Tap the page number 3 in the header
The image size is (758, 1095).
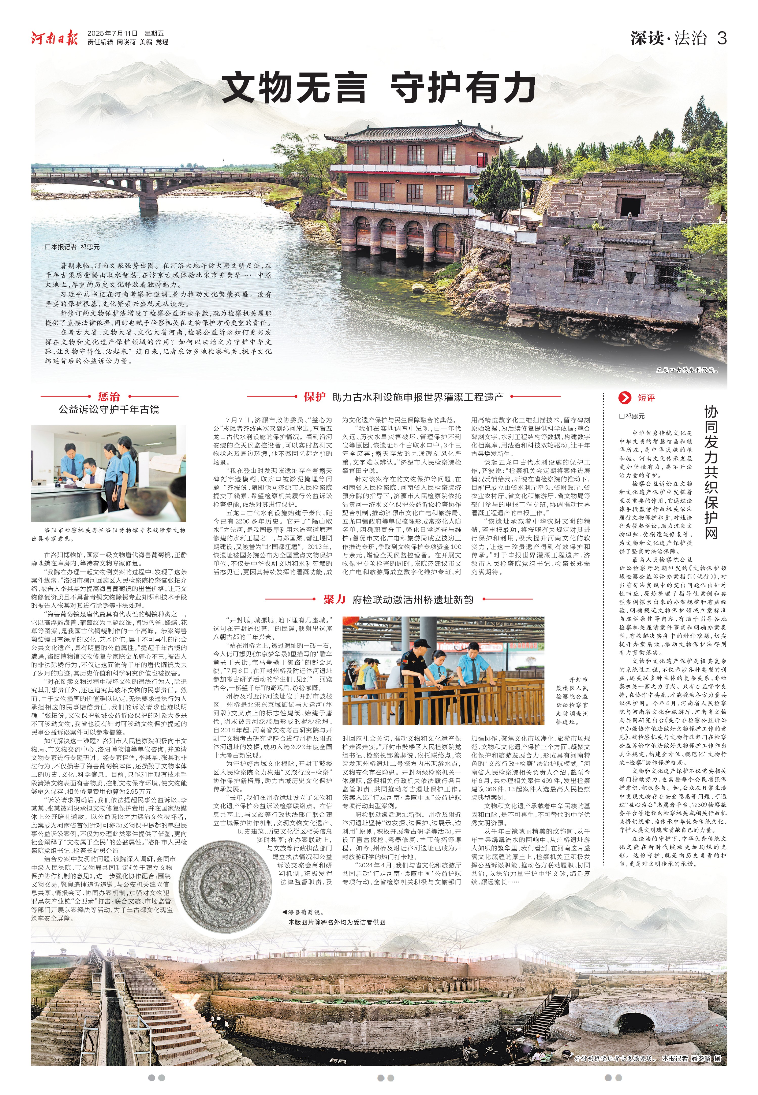pyautogui.click(x=721, y=38)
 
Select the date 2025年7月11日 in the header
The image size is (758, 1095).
pyautogui.click(x=112, y=33)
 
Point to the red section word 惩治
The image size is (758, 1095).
pyautogui.click(x=109, y=397)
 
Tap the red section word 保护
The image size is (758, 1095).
pyautogui.click(x=314, y=397)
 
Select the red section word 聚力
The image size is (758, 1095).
pyautogui.click(x=334, y=599)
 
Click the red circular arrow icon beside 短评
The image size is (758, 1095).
pyautogui.click(x=625, y=398)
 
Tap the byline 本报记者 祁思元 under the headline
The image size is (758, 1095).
pyautogui.click(x=73, y=247)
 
